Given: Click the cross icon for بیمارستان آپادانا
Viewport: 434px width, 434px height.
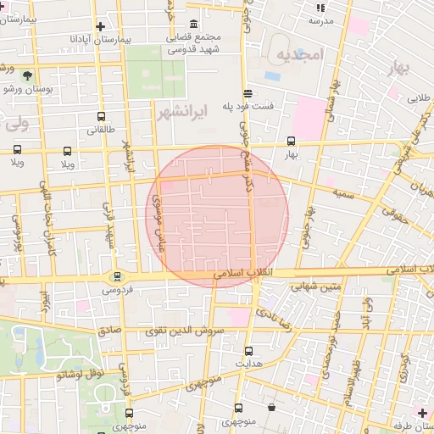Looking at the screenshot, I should pyautogui.click(x=101, y=26).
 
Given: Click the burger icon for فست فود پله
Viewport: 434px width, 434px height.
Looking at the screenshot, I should pyautogui.click(x=247, y=93).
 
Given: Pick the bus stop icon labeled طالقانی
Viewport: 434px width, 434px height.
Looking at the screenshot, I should pyautogui.click(x=102, y=117).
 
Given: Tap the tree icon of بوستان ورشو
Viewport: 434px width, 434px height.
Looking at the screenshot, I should pyautogui.click(x=30, y=75).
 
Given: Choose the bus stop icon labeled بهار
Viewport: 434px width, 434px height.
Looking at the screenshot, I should pyautogui.click(x=291, y=142).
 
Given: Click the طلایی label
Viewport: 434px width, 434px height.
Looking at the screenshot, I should pyautogui.click(x=419, y=98).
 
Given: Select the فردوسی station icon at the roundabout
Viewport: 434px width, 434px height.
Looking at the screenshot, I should pyautogui.click(x=117, y=275).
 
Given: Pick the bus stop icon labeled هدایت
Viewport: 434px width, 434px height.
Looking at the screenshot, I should pyautogui.click(x=248, y=350).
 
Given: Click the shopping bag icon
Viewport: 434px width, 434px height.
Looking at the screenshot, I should pyautogui.click(x=271, y=408).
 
